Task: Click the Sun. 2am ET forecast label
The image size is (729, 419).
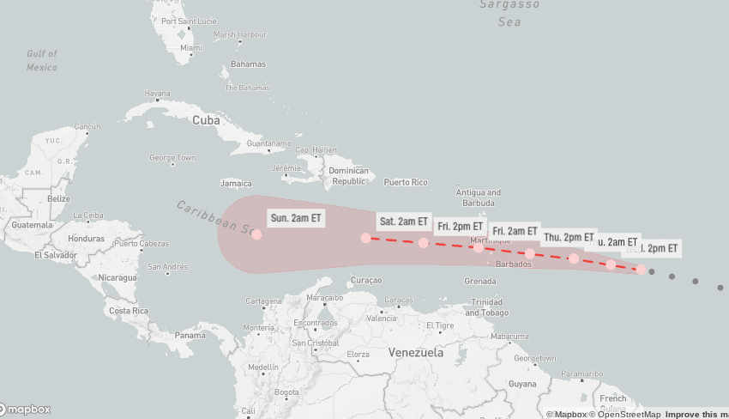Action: (296, 218)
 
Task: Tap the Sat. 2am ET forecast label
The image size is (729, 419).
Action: (403, 222)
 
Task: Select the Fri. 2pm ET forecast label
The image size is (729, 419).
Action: (460, 227)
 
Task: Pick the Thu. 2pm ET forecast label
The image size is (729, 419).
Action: (569, 237)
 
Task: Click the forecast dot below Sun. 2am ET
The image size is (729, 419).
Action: (256, 234)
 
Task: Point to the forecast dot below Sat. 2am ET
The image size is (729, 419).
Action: (366, 238)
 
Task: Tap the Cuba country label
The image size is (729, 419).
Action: (206, 120)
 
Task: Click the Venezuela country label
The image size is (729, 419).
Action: (416, 353)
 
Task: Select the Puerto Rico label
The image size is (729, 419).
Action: (405, 182)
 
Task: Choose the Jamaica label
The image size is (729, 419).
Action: (236, 183)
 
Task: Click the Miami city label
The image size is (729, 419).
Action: (191, 48)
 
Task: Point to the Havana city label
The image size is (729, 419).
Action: (158, 94)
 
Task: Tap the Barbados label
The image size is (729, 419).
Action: (514, 264)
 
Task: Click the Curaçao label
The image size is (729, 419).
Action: (366, 281)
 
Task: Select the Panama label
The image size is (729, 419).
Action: (190, 335)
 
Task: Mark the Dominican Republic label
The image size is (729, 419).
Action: (349, 176)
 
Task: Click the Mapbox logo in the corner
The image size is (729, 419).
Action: (26, 410)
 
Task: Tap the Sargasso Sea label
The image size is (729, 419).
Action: (509, 13)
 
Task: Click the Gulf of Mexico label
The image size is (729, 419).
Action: (41, 60)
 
